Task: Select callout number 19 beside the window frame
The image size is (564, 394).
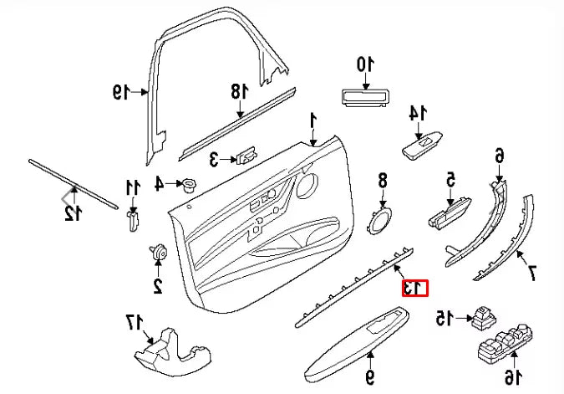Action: (x=122, y=92)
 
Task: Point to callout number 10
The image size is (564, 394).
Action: (x=365, y=64)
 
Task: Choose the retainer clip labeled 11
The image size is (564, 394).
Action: (x=131, y=221)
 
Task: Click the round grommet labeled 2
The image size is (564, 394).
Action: (x=157, y=253)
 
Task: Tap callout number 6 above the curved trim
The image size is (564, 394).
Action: (x=499, y=155)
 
